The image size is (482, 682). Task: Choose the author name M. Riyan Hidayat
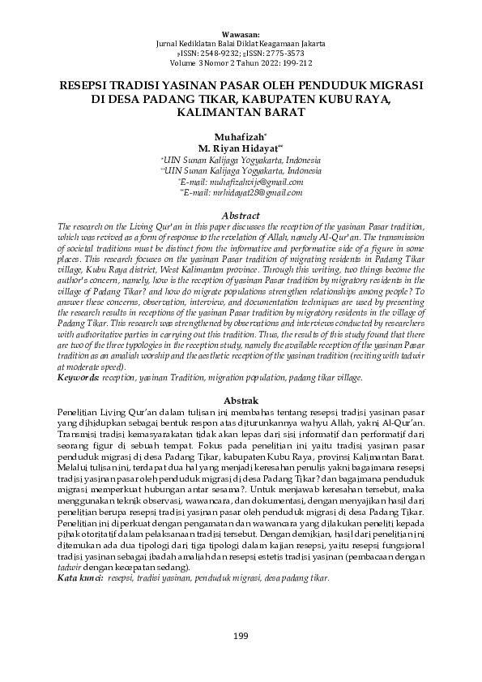(x=239, y=148)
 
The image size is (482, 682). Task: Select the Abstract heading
(x=241, y=216)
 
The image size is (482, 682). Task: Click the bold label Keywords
(x=77, y=378)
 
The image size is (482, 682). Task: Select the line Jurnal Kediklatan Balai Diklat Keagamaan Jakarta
(x=241, y=43)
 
